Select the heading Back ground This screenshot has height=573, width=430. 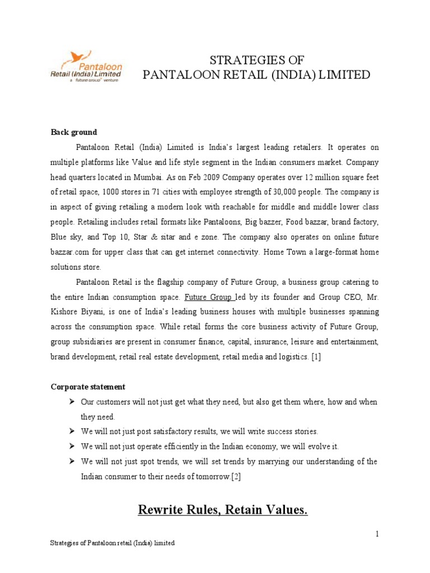tap(74, 133)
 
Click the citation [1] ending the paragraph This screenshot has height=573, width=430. tap(317, 356)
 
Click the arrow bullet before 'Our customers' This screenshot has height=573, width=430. tap(72, 402)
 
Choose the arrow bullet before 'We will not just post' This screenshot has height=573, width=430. tap(72, 431)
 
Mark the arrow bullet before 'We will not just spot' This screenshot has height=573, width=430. tap(72, 462)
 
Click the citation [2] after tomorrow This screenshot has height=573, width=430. tap(236, 476)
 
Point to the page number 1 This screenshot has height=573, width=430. tap(377, 534)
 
